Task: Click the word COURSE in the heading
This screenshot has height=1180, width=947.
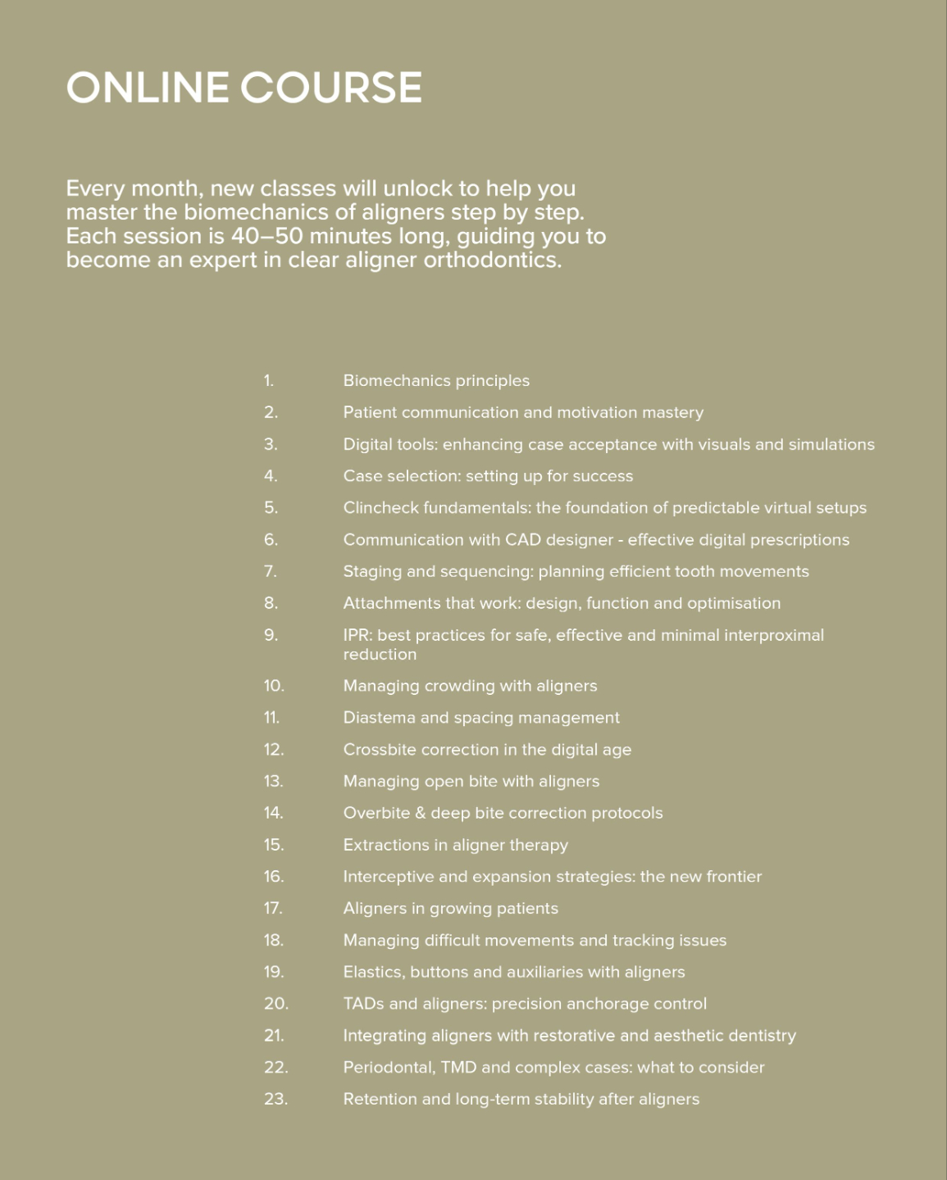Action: [332, 88]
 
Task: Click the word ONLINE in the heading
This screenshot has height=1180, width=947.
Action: [148, 88]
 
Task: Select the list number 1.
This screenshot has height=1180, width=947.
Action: [268, 380]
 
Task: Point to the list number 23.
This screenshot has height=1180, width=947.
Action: [275, 1099]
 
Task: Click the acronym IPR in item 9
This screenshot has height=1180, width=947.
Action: [357, 635]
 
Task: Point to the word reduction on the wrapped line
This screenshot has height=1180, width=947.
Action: [380, 654]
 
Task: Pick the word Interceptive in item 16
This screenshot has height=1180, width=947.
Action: [388, 877]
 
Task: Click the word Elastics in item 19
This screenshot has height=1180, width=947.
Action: [373, 972]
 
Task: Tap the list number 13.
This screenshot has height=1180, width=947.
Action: [273, 781]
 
